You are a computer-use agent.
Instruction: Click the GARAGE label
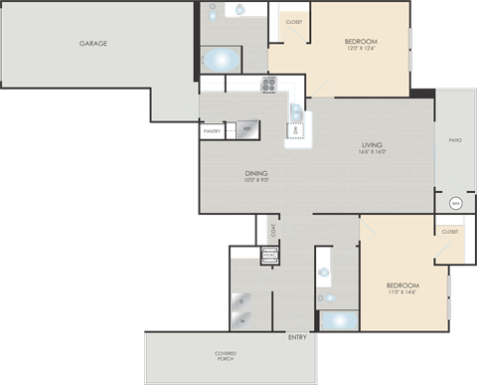click(93, 44)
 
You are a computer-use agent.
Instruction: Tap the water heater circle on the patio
click(454, 203)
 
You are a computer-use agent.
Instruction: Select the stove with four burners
click(268, 85)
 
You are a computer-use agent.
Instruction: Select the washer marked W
click(242, 320)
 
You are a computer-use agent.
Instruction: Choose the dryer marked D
click(242, 296)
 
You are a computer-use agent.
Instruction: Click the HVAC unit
click(268, 255)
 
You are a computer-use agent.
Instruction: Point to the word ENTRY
click(297, 337)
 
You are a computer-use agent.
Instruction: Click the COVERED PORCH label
click(225, 355)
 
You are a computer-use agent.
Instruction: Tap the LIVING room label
click(373, 146)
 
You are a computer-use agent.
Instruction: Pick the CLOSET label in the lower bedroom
click(450, 232)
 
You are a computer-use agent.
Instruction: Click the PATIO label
click(454, 140)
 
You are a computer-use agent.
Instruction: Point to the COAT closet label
click(273, 230)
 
